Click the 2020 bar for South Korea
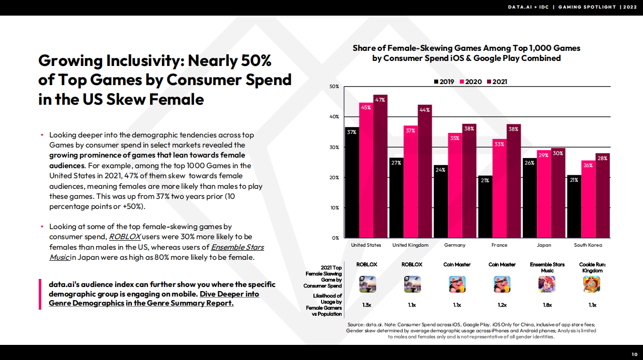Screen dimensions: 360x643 [588, 199]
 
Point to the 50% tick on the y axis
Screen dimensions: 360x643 [334, 87]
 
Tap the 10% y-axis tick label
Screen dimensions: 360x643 [334, 207]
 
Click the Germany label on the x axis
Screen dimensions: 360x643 [455, 245]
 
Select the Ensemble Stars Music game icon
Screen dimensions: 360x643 [547, 284]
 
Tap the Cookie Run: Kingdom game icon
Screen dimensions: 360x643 [592, 284]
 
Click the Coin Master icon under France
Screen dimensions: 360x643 [502, 284]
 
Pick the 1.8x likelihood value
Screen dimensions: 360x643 [547, 305]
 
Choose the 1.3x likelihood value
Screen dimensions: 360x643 [367, 305]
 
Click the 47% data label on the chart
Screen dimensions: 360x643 [380, 100]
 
